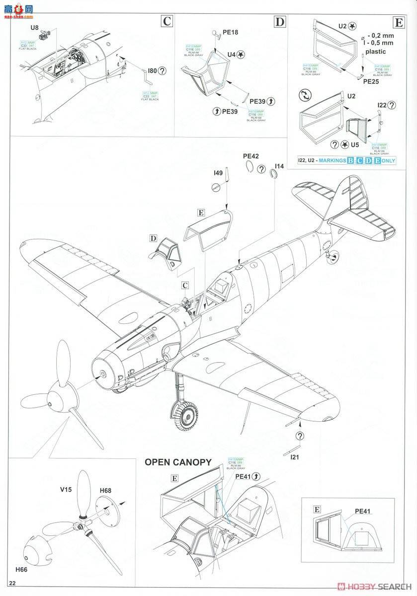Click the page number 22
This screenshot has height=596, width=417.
click(x=19, y=583)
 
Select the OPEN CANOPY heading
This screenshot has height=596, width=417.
click(x=178, y=462)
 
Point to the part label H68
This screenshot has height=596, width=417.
click(x=105, y=491)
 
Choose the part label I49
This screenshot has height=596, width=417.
click(x=218, y=173)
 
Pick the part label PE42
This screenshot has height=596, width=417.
click(x=251, y=156)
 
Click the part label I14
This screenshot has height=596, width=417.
click(x=279, y=166)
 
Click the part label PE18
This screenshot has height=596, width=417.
click(x=231, y=32)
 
